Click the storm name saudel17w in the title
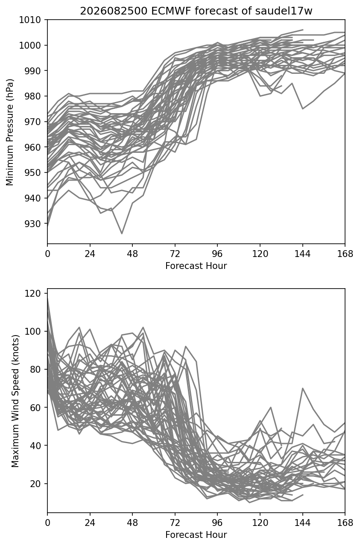[x=284, y=11]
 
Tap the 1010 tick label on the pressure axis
[x=30, y=20]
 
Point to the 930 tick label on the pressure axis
[x=32, y=224]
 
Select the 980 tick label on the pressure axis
[x=32, y=96]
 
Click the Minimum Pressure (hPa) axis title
[x=9, y=132]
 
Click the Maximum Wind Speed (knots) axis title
[x=15, y=401]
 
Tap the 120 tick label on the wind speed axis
[x=32, y=293]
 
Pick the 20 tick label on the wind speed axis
[x=35, y=484]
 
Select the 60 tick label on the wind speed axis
[x=35, y=407]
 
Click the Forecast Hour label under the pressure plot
[x=196, y=266]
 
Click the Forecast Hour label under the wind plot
[x=196, y=534]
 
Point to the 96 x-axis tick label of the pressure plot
[x=217, y=254]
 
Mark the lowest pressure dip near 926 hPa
[x=122, y=234]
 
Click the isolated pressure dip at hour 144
[x=303, y=109]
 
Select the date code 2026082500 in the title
[x=114, y=11]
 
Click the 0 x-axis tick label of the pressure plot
[x=47, y=254]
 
